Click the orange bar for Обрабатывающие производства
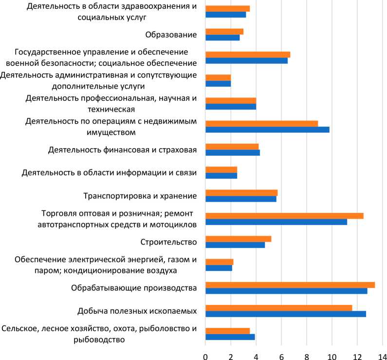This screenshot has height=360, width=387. pos(290,285)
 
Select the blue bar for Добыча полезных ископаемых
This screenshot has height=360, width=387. pos(286,314)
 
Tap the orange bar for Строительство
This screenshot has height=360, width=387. pos(238,239)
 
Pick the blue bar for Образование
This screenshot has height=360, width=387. pos(222,38)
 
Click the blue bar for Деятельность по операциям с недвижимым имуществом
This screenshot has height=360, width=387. pos(267,130)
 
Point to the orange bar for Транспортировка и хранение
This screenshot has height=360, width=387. pos(241,193)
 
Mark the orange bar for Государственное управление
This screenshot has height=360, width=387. pos(248,55)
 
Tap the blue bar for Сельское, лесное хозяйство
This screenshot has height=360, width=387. pos(230,337)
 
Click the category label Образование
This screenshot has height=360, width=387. pos(171,35)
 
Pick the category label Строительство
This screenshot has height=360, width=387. pos(168,242)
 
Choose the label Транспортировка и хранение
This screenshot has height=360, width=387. pos(140,196)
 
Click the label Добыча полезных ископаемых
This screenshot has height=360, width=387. pos(137,311)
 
